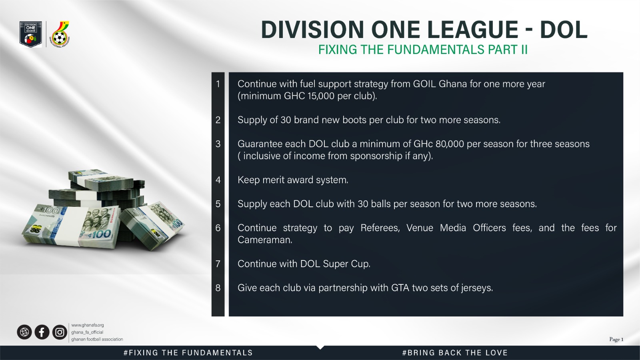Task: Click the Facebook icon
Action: [x=42, y=332]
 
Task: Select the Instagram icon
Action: [x=60, y=332]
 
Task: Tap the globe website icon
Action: [x=24, y=332]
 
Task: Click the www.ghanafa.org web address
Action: [x=88, y=325]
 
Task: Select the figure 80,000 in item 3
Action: [x=450, y=144]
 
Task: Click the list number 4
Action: [x=218, y=180]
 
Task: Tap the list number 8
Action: [x=218, y=288]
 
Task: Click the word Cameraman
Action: [x=265, y=240]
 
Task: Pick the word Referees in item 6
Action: [x=380, y=228]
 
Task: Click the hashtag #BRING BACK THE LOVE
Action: [x=455, y=353]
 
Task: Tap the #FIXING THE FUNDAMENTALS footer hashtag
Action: [x=188, y=353]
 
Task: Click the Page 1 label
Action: [x=616, y=340]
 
